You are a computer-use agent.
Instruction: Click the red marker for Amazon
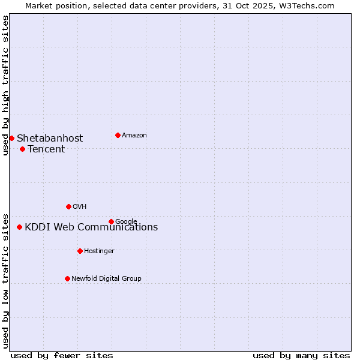pos(118,135)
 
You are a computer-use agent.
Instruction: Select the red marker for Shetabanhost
pos(11,138)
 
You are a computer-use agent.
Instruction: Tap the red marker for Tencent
pos(22,149)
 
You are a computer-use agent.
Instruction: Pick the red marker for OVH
pos(68,206)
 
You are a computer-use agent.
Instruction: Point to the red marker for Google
pos(111,221)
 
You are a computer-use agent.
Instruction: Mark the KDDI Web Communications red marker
pos(19,227)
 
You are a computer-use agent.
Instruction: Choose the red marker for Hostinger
pos(80,251)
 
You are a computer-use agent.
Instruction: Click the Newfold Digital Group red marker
pos(67,278)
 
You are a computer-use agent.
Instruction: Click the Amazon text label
pos(134,136)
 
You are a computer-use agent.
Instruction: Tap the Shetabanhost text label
pos(50,139)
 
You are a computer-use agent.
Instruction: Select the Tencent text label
pos(46,149)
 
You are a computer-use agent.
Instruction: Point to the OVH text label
pos(80,207)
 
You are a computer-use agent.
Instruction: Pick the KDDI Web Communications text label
pos(91,227)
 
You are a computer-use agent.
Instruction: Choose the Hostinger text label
pos(99,251)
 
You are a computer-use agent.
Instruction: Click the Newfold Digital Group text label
pos(106,279)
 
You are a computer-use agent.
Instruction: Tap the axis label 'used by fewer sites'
pos(62,355)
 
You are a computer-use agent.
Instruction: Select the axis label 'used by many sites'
pos(301,355)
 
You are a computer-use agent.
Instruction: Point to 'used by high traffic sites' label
pos(5,85)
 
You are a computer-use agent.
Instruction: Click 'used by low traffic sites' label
pos(5,280)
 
